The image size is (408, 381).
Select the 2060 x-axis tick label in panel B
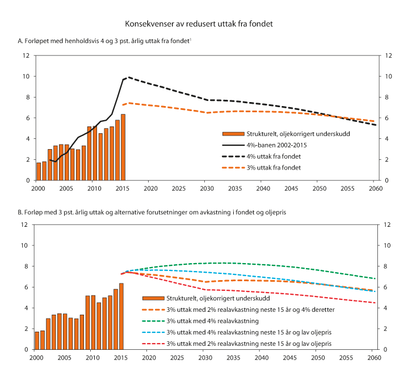374,357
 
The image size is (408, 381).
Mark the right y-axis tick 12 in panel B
388,225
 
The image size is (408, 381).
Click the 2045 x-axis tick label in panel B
290,357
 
